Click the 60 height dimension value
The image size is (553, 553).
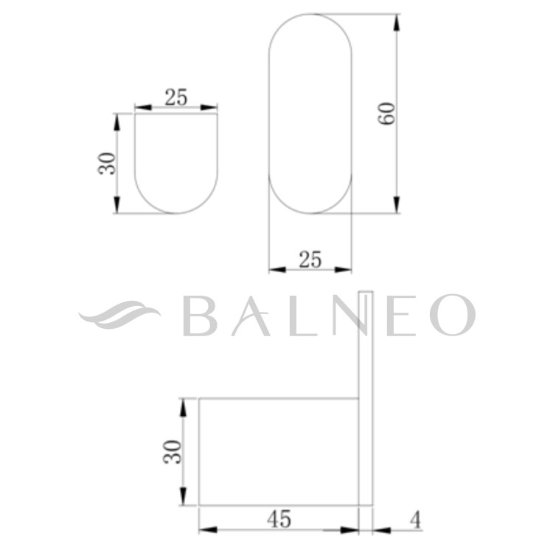387,113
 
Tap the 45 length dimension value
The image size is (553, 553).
279,519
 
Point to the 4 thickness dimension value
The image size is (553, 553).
414,520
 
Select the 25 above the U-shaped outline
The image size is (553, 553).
175,97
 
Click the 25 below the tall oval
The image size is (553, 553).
310,259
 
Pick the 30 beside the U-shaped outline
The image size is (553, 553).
108,163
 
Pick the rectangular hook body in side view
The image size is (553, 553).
279,451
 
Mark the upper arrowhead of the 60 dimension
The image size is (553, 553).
397,21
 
